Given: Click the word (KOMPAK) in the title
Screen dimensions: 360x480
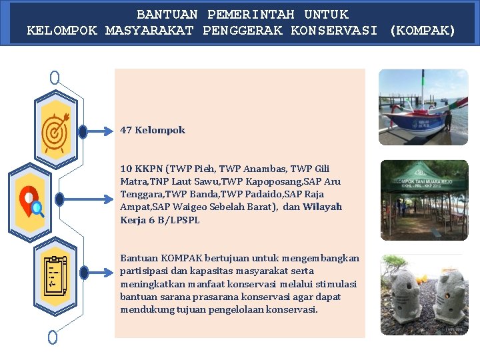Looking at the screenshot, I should (422, 30).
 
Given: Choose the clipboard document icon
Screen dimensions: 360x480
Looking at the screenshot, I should (54, 274).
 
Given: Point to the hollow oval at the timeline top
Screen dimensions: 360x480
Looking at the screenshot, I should (55, 78).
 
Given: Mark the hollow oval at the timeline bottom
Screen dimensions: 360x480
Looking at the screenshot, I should (53, 337).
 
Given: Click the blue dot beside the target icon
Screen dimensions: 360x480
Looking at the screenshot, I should (83, 132).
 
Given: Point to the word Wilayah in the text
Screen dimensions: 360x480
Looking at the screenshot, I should (322, 207).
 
